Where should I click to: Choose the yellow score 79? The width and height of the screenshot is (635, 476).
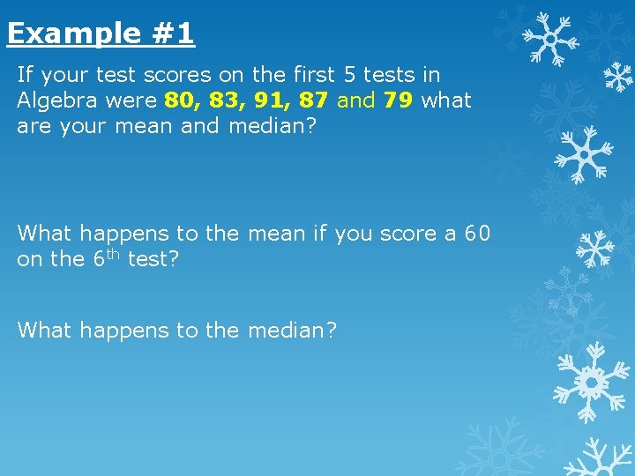(399, 100)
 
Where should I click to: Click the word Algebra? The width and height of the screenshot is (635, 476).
(56, 101)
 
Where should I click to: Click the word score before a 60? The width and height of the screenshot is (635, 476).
(408, 234)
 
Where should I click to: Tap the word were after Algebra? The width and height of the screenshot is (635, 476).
(132, 101)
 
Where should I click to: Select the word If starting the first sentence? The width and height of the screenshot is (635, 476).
(26, 76)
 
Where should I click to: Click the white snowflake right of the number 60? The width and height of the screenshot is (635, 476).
(595, 249)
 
